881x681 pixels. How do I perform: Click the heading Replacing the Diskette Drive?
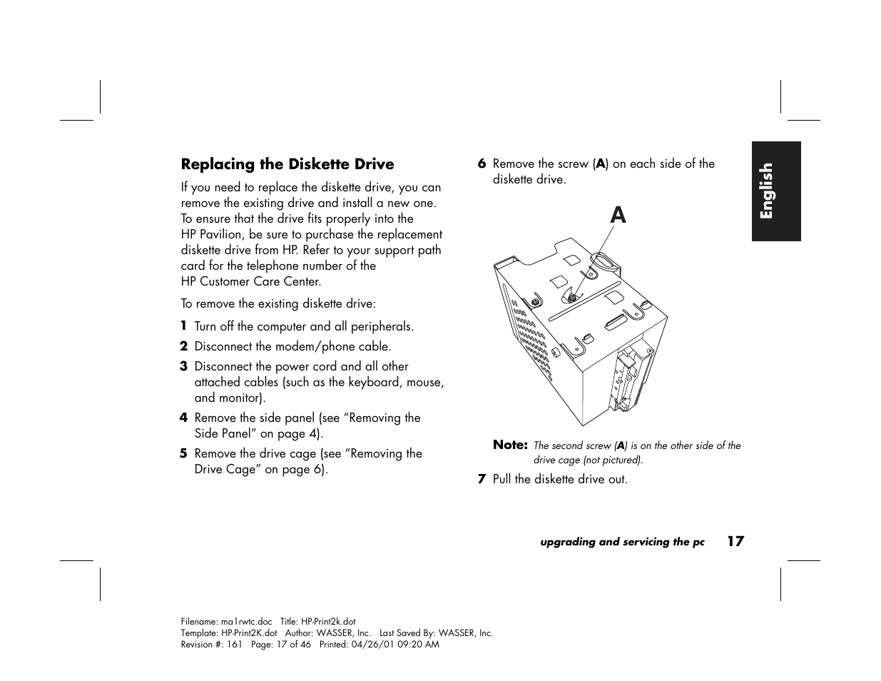click(287, 164)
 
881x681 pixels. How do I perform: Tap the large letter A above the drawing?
click(618, 214)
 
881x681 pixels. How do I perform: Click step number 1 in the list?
click(183, 326)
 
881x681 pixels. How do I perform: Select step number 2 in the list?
click(183, 346)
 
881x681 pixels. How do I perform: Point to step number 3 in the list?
click(183, 366)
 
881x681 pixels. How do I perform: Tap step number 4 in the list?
click(183, 418)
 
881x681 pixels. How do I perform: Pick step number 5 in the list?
click(183, 453)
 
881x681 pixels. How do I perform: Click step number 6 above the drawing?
click(482, 163)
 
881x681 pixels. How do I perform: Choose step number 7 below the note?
click(482, 479)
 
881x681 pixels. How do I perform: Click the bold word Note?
click(510, 445)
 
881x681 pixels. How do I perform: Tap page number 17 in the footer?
click(735, 541)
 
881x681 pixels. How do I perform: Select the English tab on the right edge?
click(775, 191)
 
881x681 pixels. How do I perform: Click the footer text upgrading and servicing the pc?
click(622, 542)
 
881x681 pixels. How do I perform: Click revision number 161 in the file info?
click(235, 644)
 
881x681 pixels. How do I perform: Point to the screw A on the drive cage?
click(571, 297)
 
